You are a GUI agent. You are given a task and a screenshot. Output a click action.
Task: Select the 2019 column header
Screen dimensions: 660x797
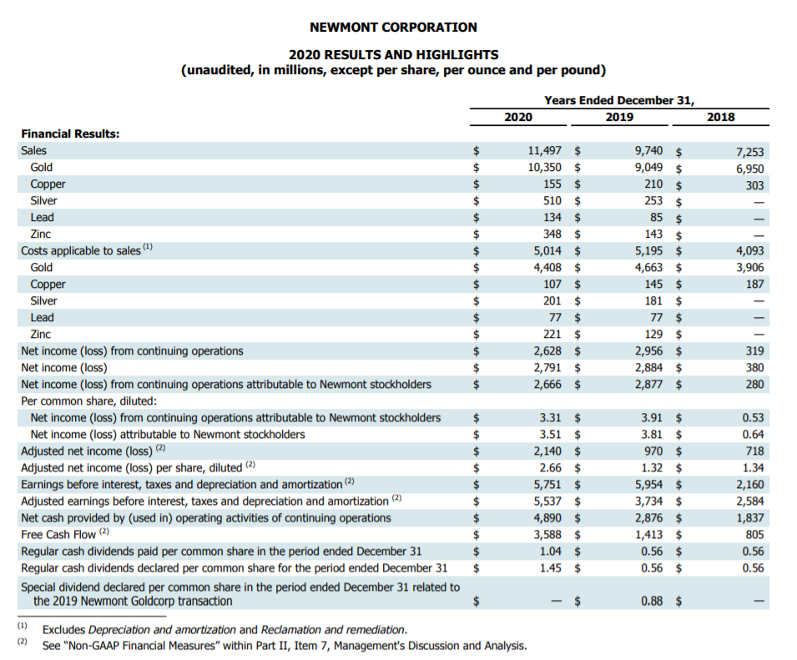coord(618,117)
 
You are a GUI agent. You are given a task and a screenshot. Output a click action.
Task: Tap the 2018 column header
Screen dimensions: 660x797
coord(720,117)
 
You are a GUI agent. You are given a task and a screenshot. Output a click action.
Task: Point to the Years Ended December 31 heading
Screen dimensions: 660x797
coord(618,100)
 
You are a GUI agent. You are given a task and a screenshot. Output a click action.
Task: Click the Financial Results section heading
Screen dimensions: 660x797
coord(70,134)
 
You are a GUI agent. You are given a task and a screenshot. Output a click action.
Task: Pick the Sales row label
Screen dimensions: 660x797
coord(34,150)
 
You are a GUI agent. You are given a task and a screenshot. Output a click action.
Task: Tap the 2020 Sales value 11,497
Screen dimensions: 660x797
coord(545,151)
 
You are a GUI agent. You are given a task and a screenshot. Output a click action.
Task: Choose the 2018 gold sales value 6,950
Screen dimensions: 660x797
coord(749,169)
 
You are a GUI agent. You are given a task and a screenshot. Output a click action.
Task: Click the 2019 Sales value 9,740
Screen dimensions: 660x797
coord(648,151)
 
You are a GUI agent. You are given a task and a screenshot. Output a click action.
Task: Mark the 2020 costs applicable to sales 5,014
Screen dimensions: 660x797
coord(547,251)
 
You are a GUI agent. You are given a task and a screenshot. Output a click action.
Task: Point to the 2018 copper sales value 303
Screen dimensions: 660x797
coord(754,185)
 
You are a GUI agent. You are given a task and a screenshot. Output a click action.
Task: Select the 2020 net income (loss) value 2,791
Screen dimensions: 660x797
coord(547,368)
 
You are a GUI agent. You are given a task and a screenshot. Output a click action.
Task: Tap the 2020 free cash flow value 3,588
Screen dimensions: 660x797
coord(547,535)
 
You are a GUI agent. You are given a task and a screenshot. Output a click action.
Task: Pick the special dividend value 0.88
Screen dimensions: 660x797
coord(652,601)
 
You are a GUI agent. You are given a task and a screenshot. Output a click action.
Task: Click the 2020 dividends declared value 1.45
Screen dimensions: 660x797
coord(550,568)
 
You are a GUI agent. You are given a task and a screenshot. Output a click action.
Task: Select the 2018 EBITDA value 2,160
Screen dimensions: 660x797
coord(749,485)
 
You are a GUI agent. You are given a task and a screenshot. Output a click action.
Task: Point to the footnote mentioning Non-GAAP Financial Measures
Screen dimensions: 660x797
coord(284,645)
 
